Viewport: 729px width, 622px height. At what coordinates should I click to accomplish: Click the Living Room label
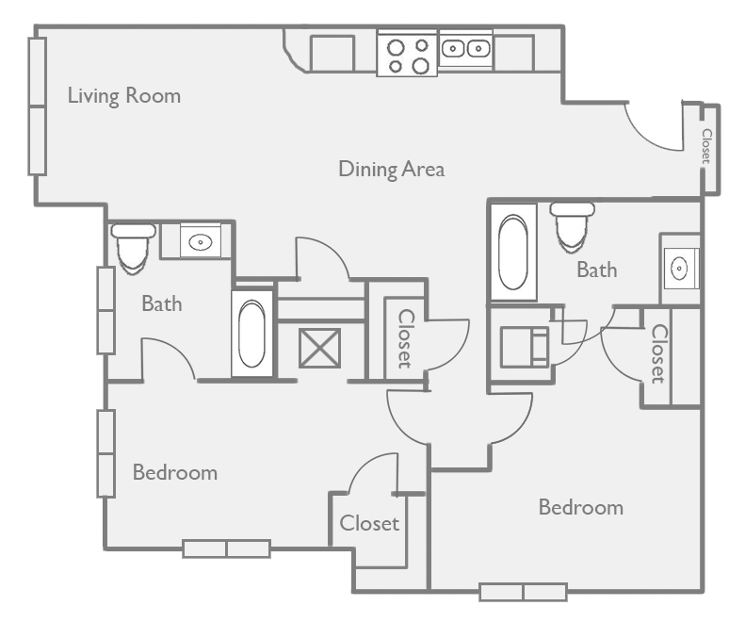tap(123, 96)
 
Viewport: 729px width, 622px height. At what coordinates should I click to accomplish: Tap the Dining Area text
tap(391, 170)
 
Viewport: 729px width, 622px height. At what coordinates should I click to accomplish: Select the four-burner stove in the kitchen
tap(407, 54)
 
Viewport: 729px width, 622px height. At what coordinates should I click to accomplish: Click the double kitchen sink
tap(464, 47)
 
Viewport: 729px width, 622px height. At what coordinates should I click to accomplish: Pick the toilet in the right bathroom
tap(572, 227)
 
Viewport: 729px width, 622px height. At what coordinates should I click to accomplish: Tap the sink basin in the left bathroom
tap(200, 242)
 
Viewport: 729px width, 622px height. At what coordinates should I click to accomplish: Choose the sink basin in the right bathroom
tap(680, 269)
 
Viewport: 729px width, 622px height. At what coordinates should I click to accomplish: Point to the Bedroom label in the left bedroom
tap(174, 472)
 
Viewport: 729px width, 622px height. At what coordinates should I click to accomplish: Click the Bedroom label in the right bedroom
tap(580, 508)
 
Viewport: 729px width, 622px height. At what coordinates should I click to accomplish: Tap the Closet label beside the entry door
tap(705, 145)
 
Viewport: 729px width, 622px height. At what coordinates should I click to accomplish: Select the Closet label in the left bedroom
tap(369, 522)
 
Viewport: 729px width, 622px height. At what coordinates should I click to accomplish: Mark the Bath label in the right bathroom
tap(596, 270)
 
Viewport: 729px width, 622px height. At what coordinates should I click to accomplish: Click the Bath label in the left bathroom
tap(161, 303)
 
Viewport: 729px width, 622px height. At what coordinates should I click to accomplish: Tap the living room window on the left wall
tap(37, 106)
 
